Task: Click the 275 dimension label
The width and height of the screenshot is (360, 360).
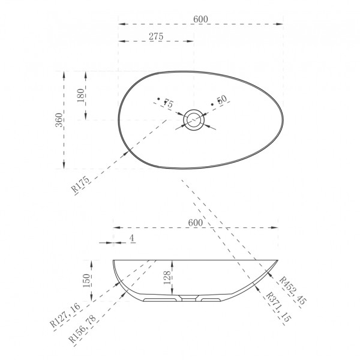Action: click(x=156, y=36)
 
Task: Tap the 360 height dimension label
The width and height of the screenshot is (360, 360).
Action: click(x=59, y=120)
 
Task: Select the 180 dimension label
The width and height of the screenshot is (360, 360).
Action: click(x=81, y=95)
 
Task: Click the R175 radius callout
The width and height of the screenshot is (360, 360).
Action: click(x=80, y=184)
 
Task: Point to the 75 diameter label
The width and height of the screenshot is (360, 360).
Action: click(x=168, y=104)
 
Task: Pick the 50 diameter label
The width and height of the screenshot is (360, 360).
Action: click(x=222, y=100)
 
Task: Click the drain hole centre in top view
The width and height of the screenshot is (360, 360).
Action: click(x=194, y=120)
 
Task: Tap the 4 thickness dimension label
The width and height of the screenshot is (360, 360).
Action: click(x=132, y=238)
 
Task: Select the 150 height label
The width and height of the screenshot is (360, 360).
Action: click(x=86, y=281)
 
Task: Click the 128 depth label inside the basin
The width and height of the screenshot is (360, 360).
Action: click(x=167, y=278)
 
